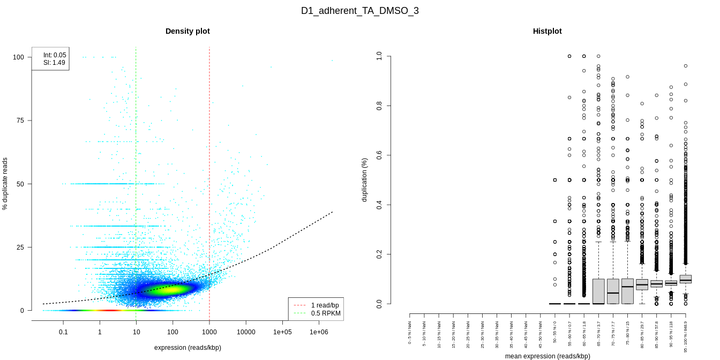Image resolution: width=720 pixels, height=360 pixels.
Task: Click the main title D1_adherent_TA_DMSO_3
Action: pyautogui.click(x=359, y=11)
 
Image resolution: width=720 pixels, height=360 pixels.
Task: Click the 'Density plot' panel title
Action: pyautogui.click(x=187, y=31)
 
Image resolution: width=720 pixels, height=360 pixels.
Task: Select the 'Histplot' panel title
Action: pyautogui.click(x=547, y=31)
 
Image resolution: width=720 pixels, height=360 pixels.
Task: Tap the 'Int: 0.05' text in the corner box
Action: pyautogui.click(x=55, y=55)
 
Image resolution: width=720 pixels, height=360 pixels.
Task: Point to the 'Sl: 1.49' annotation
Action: pyautogui.click(x=54, y=63)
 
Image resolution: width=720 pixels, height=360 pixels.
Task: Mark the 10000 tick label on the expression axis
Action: pyautogui.click(x=246, y=332)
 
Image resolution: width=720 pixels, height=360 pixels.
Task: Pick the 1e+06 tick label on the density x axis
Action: pyautogui.click(x=319, y=332)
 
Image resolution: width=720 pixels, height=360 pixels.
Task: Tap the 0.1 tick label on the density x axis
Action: pyautogui.click(x=63, y=332)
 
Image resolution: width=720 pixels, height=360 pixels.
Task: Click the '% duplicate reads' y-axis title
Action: pyautogui.click(x=5, y=184)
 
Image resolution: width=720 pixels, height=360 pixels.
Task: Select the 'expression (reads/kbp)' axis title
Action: pyautogui.click(x=187, y=348)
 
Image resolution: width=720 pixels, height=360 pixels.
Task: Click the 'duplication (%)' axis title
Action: pyautogui.click(x=364, y=179)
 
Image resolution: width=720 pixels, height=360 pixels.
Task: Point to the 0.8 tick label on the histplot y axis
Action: pyautogui.click(x=379, y=106)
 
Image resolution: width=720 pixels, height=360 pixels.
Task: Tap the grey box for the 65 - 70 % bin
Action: pyautogui.click(x=598, y=291)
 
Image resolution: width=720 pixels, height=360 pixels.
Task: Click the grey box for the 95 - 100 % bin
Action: pyautogui.click(x=685, y=279)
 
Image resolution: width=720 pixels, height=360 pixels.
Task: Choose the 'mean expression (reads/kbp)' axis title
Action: pyautogui.click(x=547, y=356)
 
